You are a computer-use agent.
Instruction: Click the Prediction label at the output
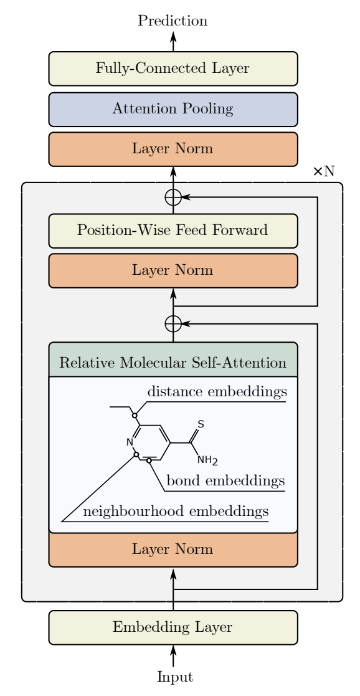[x=173, y=21]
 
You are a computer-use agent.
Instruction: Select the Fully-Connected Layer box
[x=173, y=69]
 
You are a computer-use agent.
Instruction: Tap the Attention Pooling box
[x=173, y=109]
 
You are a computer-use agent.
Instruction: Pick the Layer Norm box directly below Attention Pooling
[x=173, y=149]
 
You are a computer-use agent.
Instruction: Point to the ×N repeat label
[x=324, y=171]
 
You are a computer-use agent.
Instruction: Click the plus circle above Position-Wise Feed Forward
[x=173, y=197]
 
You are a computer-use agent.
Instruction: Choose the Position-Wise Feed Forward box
[x=173, y=231]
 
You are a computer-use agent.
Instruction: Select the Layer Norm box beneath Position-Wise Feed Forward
[x=173, y=271]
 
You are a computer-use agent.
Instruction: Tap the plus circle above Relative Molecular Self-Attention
[x=173, y=324]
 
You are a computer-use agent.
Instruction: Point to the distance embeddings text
[x=217, y=392]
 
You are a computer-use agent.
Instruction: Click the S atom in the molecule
[x=201, y=424]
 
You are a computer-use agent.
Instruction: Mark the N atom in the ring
[x=130, y=442]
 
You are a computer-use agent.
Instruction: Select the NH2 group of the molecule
[x=207, y=460]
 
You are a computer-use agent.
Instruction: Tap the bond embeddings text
[x=225, y=480]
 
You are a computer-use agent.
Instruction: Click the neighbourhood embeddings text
[x=176, y=512]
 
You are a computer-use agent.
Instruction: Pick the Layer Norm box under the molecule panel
[x=173, y=550]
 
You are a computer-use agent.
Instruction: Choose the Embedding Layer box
[x=173, y=627]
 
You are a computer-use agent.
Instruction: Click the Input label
[x=175, y=677]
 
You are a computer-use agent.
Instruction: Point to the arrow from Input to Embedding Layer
[x=173, y=655]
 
